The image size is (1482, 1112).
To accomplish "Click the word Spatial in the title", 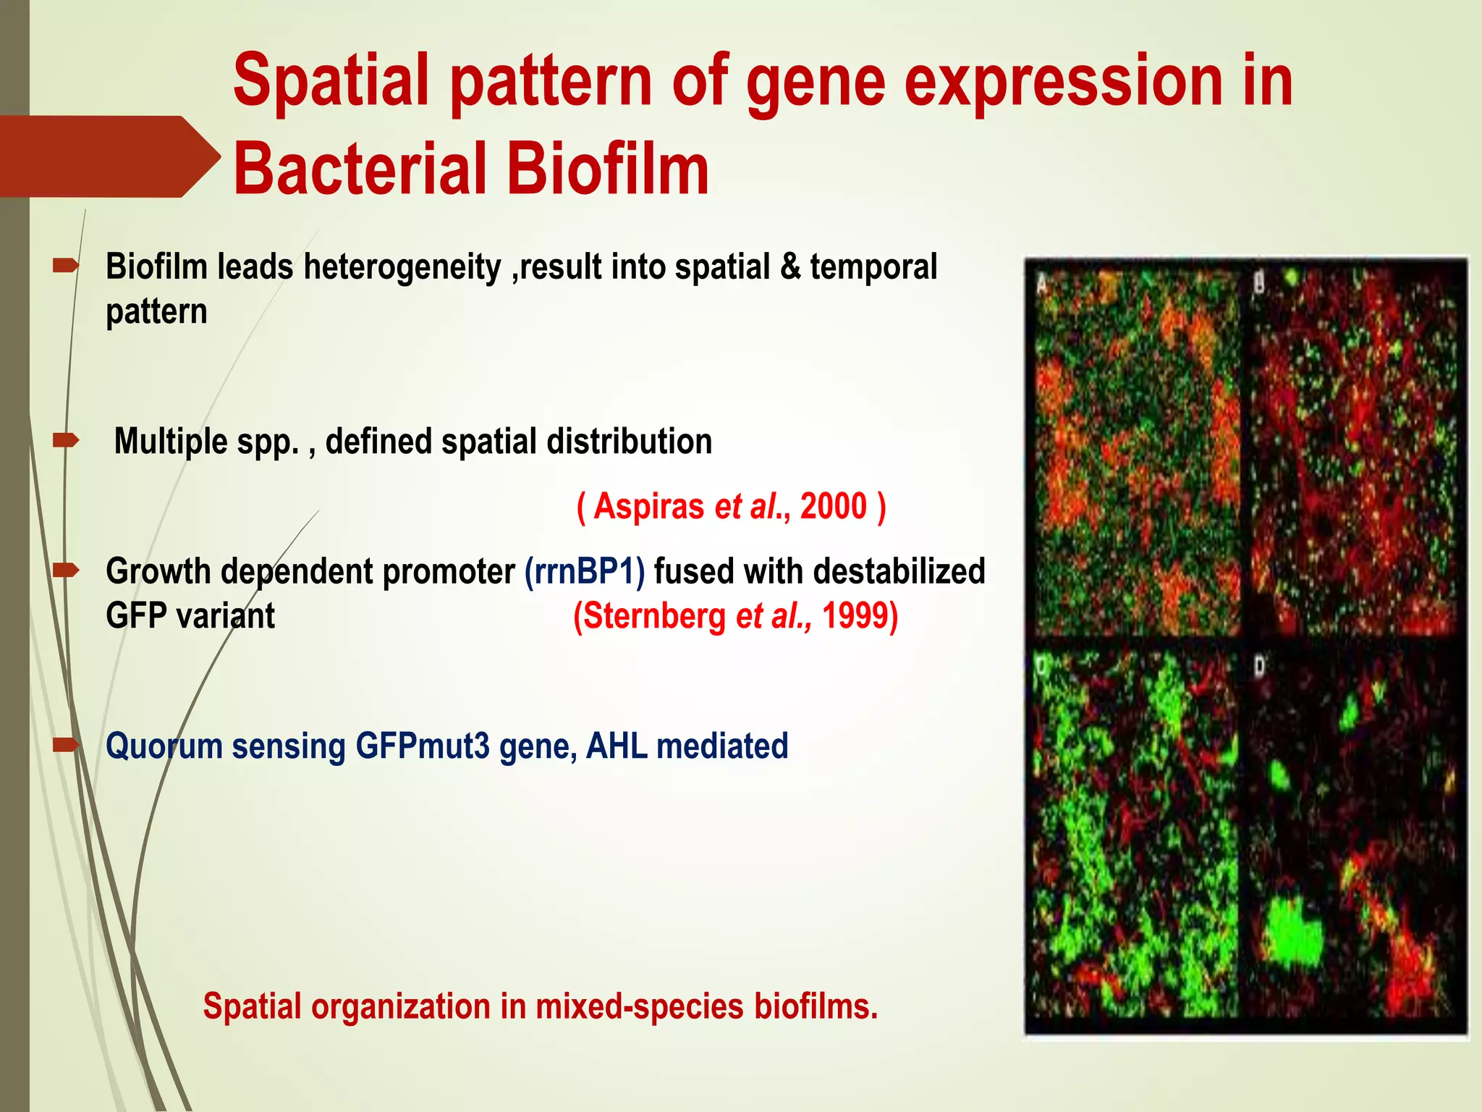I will (x=333, y=81).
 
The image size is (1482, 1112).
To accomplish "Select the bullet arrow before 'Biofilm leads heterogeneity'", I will (x=66, y=266).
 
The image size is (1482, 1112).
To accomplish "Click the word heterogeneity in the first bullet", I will (x=402, y=267).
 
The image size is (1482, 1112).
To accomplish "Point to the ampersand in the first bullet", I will (x=790, y=266).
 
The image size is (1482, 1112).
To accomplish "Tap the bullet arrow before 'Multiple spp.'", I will (x=66, y=439).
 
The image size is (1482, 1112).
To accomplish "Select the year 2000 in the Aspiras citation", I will (x=833, y=506).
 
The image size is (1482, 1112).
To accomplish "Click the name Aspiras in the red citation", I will (x=648, y=506).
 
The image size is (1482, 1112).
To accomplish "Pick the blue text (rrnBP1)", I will (x=585, y=572).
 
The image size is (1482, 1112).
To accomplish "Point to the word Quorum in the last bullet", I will (x=164, y=746).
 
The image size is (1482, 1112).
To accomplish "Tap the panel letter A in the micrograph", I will (x=1042, y=283).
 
